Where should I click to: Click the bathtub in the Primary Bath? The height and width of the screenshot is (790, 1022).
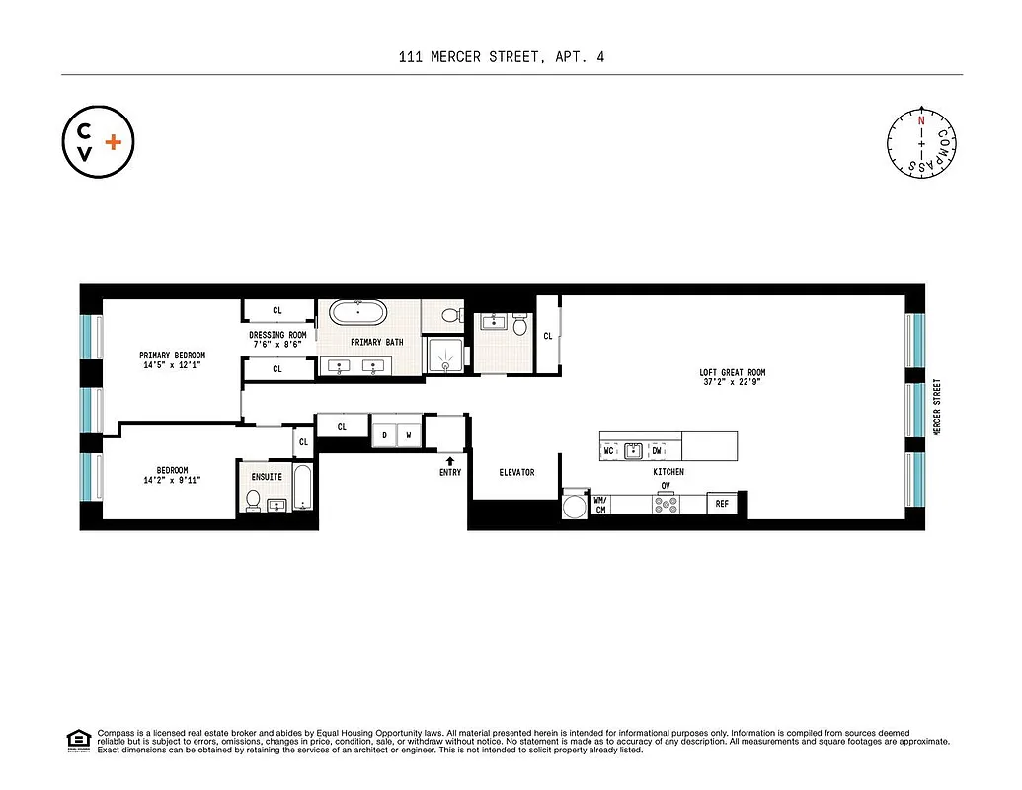pos(359,314)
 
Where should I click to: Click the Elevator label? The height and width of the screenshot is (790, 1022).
pos(515,472)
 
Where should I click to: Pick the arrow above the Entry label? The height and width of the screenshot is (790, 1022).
pos(450,460)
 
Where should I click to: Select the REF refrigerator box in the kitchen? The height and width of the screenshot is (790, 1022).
pos(722,504)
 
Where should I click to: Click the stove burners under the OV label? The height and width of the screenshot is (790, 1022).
pos(666,504)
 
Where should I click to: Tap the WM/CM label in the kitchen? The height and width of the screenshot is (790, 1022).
pos(599,504)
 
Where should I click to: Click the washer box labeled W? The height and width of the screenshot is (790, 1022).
pos(408,434)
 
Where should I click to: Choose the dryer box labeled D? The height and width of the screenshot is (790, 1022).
pos(384,434)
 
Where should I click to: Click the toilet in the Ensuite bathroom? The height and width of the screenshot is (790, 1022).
pos(253,502)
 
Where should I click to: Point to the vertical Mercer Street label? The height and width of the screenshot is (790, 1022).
pos(937,408)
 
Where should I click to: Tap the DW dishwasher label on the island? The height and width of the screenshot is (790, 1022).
pos(657,451)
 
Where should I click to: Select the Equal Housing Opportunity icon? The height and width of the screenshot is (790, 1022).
pos(76,739)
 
